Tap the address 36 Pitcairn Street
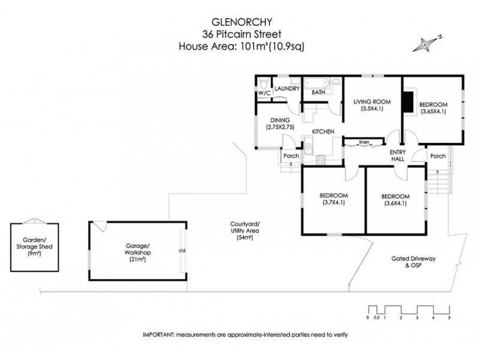(239, 34)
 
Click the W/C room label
(265, 94)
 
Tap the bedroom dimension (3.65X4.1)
(433, 111)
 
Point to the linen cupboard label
(364, 142)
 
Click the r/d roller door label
(181, 251)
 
